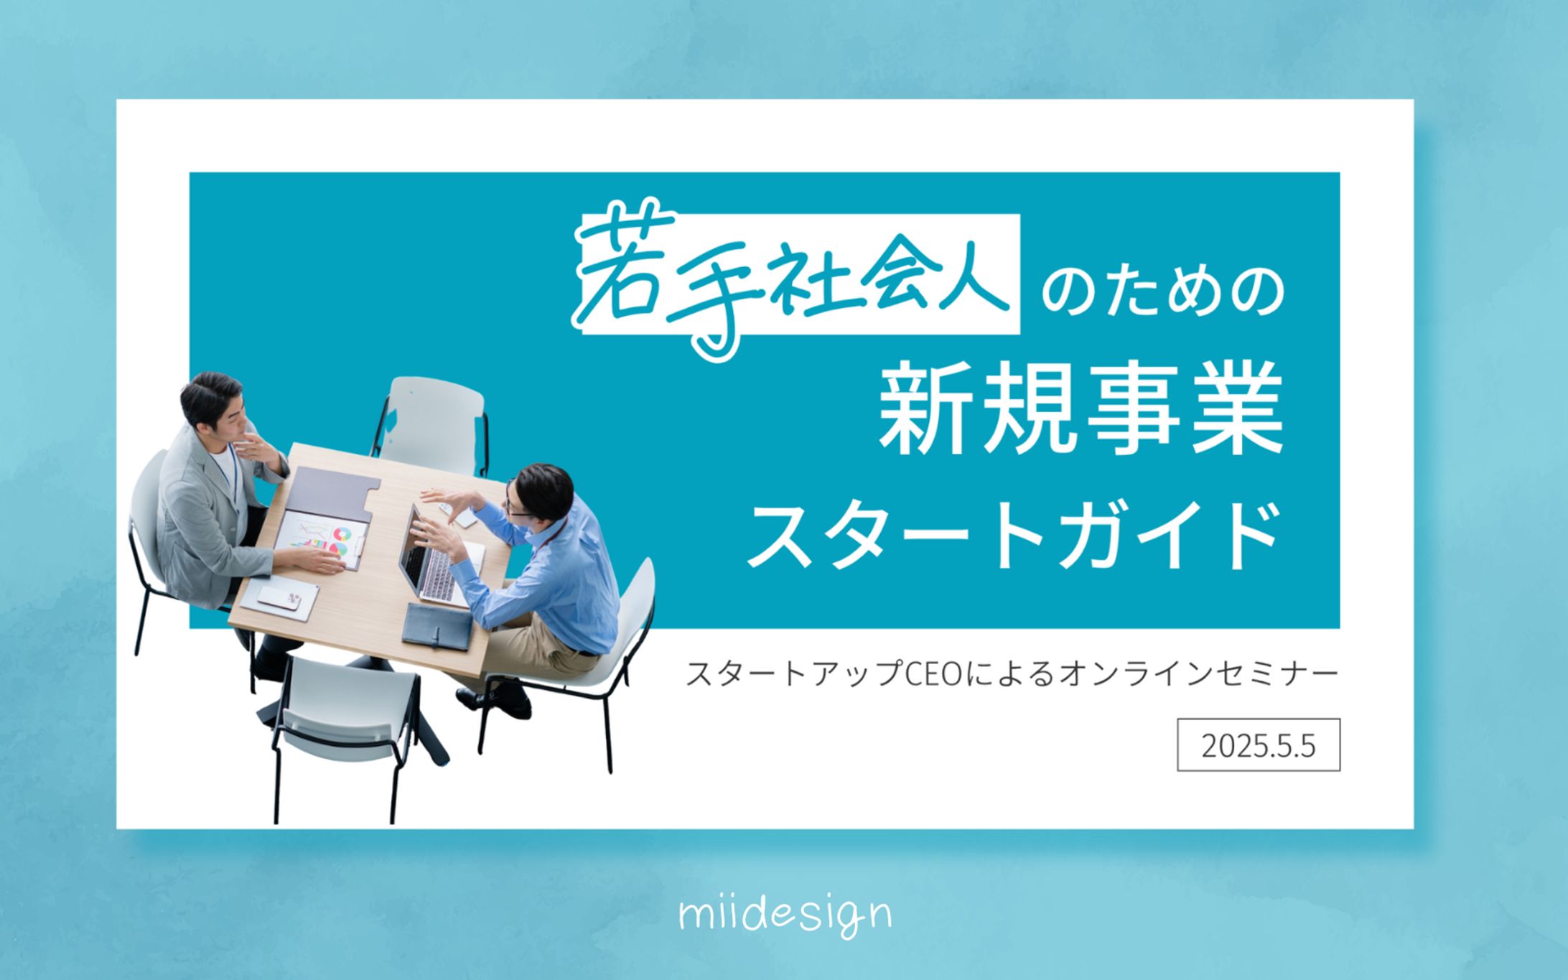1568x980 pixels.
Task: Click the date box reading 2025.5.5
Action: tap(1258, 745)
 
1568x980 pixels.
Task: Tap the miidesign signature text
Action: tap(785, 915)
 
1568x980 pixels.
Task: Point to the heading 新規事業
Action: tap(1081, 409)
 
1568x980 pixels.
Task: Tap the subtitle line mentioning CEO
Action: tap(1012, 673)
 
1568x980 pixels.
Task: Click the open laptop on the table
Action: tap(439, 556)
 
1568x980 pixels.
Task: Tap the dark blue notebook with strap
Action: tap(437, 626)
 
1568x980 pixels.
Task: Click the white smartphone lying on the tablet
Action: tap(279, 597)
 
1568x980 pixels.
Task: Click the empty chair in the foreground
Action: tap(345, 732)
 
